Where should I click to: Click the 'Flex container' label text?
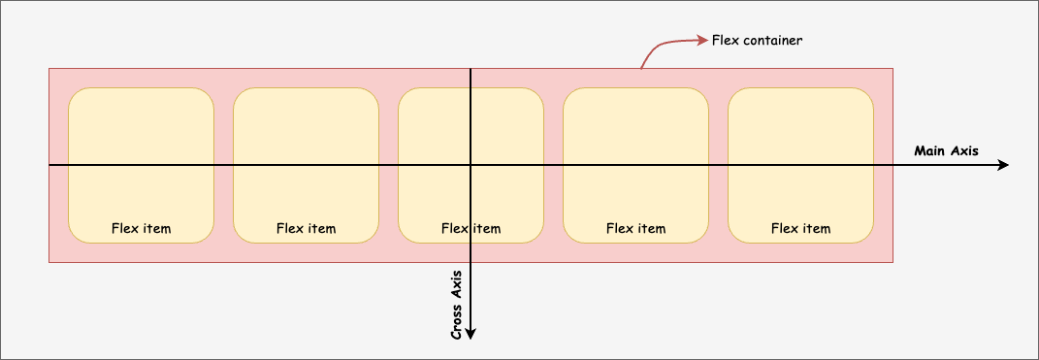tap(757, 41)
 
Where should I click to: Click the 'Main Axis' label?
tap(946, 151)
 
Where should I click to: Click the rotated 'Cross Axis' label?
tap(456, 305)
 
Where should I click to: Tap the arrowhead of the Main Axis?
tap(1003, 166)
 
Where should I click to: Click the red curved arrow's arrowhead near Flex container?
tap(701, 41)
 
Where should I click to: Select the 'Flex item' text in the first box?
tap(141, 229)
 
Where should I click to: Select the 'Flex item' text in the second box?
tap(306, 229)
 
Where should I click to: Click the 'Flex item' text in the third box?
tap(471, 229)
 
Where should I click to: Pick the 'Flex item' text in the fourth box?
tap(635, 229)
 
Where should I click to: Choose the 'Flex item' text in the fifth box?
tap(800, 229)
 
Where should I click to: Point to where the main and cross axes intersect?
tap(471, 166)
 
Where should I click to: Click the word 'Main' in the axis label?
tap(930, 151)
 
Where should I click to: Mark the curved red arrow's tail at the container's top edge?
tap(641, 68)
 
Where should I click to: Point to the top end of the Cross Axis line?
tap(471, 69)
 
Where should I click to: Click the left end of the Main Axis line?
tap(49, 166)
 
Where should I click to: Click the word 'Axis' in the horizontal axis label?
tap(964, 151)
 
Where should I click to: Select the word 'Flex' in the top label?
tap(724, 41)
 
